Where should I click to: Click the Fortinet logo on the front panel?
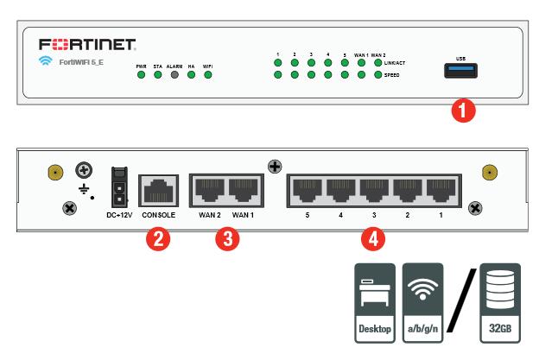(x=86, y=43)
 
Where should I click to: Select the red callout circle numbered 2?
(x=158, y=239)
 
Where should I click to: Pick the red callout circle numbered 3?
(x=225, y=239)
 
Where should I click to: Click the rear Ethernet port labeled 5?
(x=308, y=188)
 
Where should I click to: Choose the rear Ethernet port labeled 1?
(x=441, y=188)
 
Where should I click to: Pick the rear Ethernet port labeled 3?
(x=374, y=188)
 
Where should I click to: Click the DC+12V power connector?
(x=117, y=185)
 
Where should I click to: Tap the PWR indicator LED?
(x=140, y=75)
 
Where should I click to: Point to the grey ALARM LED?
(x=174, y=75)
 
